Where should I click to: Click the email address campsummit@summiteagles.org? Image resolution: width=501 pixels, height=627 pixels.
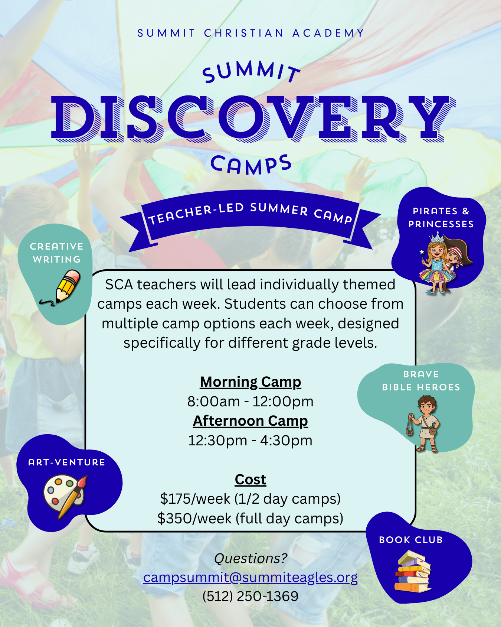coord(250,578)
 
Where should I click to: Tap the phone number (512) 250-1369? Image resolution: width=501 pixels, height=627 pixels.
coord(250,596)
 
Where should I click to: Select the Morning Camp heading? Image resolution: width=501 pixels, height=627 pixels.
coord(250,382)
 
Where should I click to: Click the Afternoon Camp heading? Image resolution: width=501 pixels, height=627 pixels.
coord(250,421)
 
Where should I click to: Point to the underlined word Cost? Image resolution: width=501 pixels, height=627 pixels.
coord(250,480)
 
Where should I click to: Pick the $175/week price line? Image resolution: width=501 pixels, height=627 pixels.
coord(250,499)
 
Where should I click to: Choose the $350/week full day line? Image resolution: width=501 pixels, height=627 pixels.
coord(250,518)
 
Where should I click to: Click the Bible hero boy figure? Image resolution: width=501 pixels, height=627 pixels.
coord(424,423)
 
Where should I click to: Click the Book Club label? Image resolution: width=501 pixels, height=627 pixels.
coord(411,540)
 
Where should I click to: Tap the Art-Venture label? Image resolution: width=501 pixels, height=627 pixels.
coord(67,462)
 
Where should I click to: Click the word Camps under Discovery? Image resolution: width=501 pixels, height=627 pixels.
coord(251,165)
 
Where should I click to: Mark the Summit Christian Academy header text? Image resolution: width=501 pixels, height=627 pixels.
coord(251,33)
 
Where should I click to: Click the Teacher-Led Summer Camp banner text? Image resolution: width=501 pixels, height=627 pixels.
coord(250,213)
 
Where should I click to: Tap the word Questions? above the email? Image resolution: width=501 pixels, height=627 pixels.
coord(250,558)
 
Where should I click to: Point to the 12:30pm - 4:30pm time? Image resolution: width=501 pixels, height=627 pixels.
coord(250,441)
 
